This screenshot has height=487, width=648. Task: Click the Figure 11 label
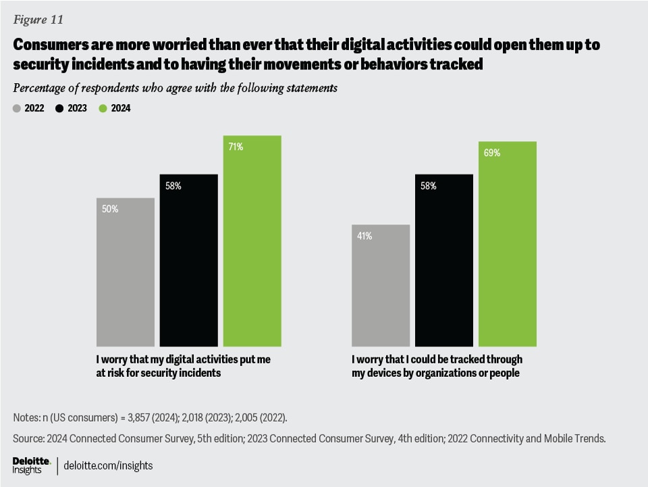click(x=38, y=20)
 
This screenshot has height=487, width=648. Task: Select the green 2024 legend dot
click(x=103, y=108)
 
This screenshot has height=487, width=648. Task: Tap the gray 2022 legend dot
click(x=17, y=108)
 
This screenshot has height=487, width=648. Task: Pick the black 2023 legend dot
click(x=59, y=108)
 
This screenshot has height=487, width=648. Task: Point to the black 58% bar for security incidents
click(x=189, y=260)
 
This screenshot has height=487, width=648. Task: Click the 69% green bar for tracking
click(x=508, y=244)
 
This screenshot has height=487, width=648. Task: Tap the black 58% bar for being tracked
click(x=444, y=260)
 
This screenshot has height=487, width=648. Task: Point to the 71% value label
click(x=236, y=147)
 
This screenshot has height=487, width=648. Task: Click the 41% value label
click(x=364, y=236)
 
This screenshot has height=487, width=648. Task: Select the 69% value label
click(x=491, y=153)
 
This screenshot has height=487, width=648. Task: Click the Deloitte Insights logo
click(x=32, y=465)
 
